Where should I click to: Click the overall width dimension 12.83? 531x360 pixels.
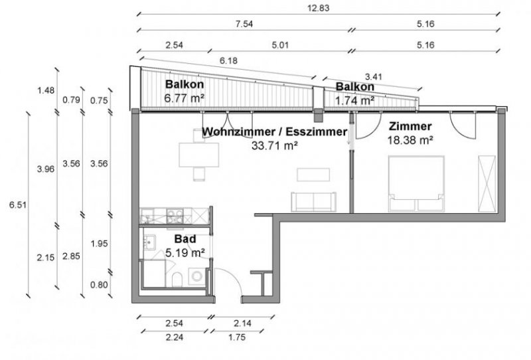[x=315, y=9]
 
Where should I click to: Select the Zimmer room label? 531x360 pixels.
[x=410, y=126]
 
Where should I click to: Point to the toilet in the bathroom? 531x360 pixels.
[x=176, y=279]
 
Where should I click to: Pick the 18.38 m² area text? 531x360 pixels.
[x=410, y=140]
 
